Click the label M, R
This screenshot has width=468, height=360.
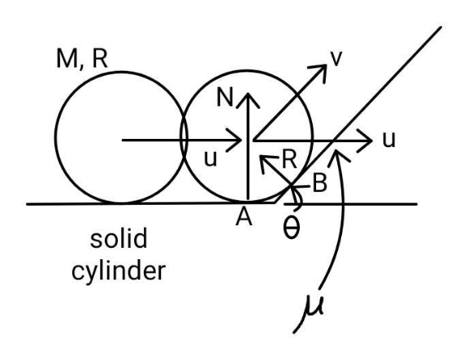coord(82,59)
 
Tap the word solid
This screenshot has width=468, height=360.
coord(119,238)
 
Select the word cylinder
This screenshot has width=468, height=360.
coord(119,271)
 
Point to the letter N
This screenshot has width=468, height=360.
coord(224,98)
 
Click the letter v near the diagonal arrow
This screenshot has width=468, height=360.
coord(336,59)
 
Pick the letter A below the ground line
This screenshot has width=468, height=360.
coord(244,217)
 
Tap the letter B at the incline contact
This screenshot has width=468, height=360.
coord(319,183)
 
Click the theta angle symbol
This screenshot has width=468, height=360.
coord(291,228)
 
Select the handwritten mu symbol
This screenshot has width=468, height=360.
coord(312,307)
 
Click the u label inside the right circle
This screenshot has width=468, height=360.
coord(210,158)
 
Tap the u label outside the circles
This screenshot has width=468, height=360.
coord(389,140)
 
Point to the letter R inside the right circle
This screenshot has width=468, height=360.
coord(289,160)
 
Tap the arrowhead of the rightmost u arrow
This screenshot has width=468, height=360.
coord(371,141)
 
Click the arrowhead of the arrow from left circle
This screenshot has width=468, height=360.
coord(240,140)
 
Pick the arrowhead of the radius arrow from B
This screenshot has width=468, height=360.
coord(261,156)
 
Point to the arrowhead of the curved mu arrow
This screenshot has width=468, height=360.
coord(336,151)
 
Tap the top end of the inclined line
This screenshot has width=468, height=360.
coord(440,28)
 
